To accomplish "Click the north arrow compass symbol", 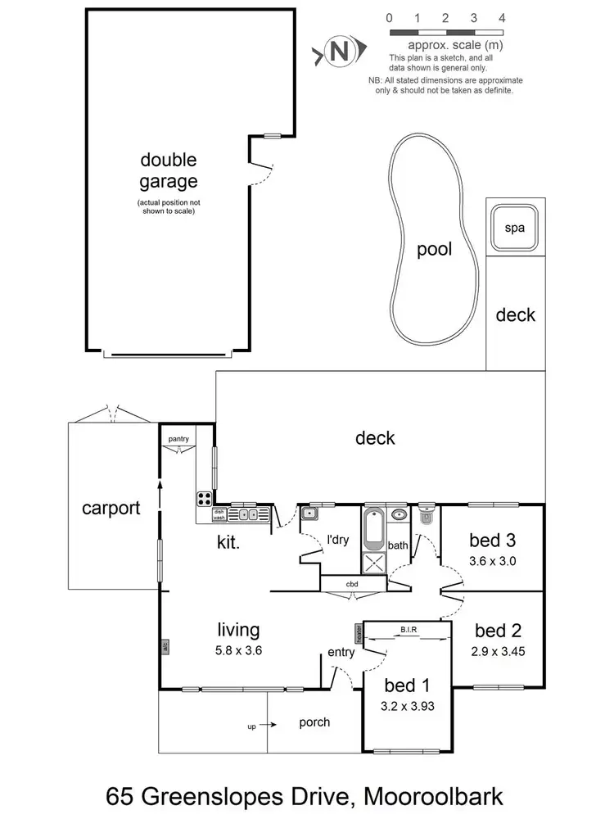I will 337,53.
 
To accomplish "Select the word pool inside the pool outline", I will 434,250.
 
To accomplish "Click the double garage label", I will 168,170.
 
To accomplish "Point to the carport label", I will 111,508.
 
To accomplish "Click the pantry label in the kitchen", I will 178,440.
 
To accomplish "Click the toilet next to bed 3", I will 426,517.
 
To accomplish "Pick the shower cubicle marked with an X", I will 374,562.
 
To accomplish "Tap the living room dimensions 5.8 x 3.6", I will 238,653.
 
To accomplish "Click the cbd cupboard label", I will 352,583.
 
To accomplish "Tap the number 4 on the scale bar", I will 501,18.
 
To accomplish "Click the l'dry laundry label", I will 337,541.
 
